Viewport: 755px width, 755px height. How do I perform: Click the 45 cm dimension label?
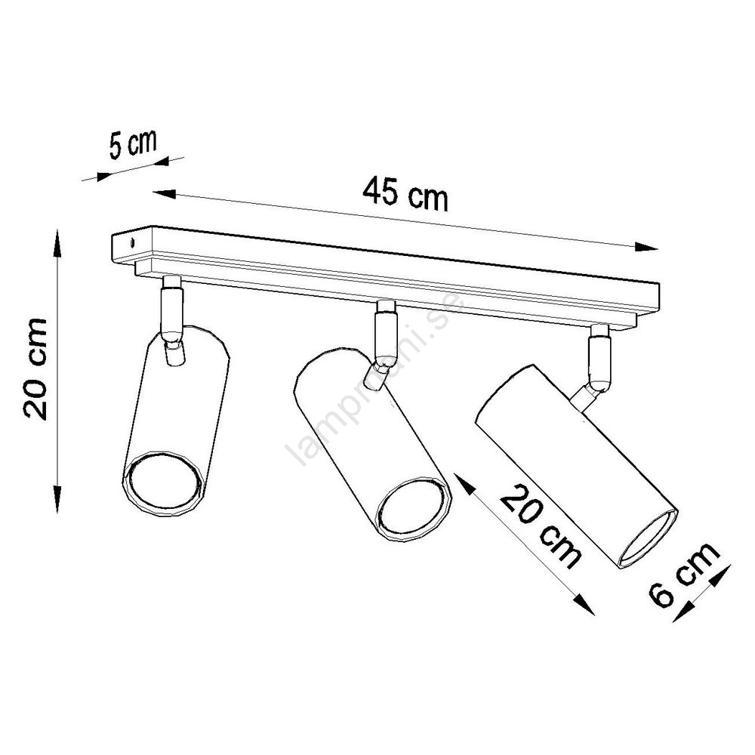click(405, 194)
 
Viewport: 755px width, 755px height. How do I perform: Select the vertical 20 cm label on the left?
click(35, 368)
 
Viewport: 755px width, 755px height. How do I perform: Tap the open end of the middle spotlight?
click(414, 509)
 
